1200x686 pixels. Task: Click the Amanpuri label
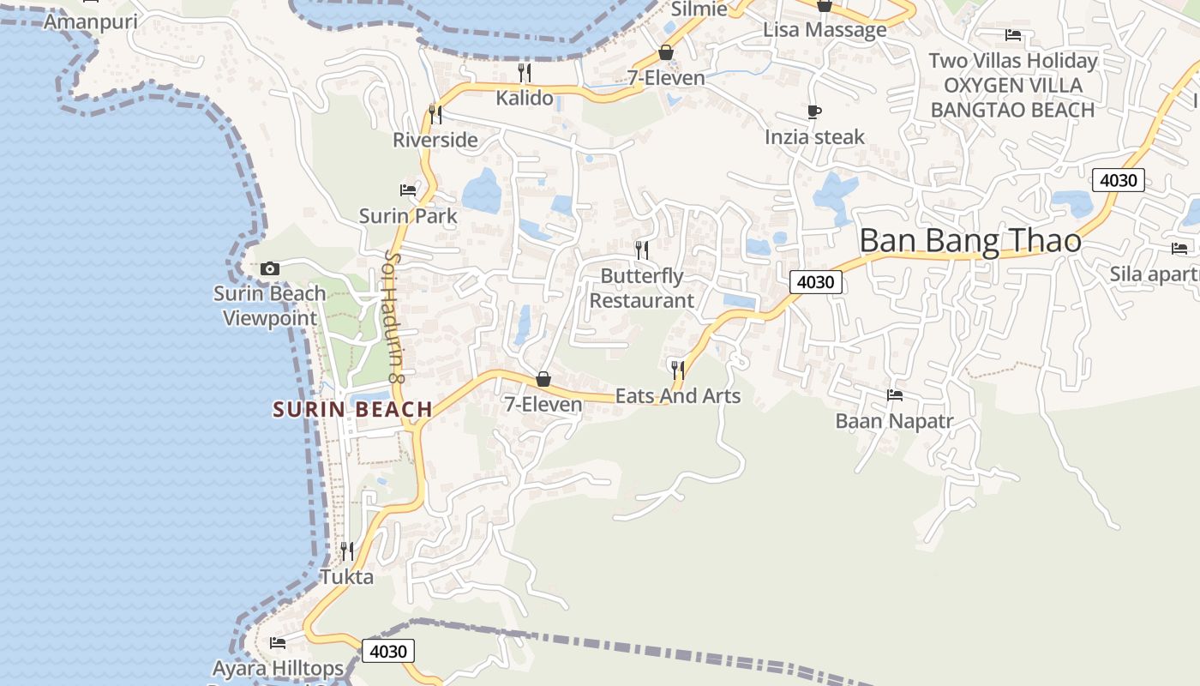[x=90, y=21]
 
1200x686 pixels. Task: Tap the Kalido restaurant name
[x=525, y=98]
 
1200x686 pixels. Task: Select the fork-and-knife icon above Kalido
[x=525, y=72]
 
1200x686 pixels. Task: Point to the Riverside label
[x=435, y=140]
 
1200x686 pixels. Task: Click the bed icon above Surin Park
[x=408, y=190]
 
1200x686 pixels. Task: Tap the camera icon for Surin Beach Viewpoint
[x=270, y=268]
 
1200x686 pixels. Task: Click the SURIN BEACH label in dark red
[x=352, y=409]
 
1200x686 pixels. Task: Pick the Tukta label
[x=347, y=577]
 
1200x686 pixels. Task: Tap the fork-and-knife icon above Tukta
[x=347, y=551]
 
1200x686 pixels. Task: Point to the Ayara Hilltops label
[x=278, y=668]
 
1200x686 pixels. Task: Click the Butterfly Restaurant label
[x=642, y=288]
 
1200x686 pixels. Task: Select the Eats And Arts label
[x=678, y=396]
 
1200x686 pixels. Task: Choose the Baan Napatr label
[x=895, y=421]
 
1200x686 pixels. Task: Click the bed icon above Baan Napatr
[x=895, y=395]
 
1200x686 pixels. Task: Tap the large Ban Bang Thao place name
[x=970, y=241]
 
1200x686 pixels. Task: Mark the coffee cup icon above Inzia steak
[x=814, y=111]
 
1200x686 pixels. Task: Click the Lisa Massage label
[x=825, y=30]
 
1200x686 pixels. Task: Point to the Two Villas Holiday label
[x=1013, y=61]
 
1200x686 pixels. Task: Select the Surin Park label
[x=408, y=216]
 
